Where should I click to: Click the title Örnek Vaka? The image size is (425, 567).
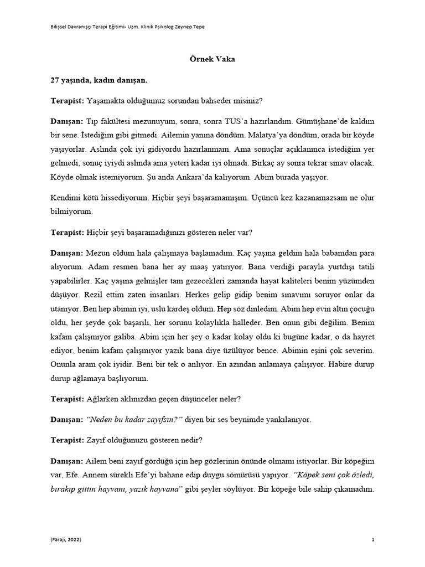212,60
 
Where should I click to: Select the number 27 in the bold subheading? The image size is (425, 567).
55,80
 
